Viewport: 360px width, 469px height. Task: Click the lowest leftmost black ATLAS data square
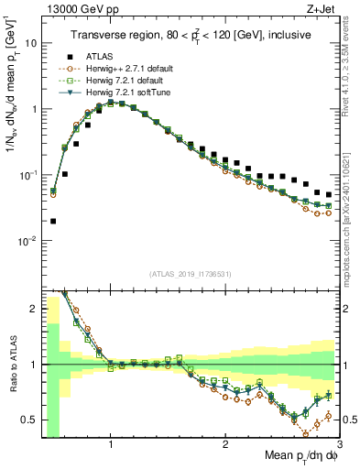click(x=53, y=221)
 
